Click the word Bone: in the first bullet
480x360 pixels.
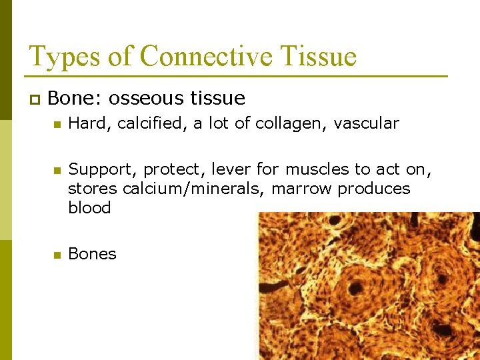coord(74,99)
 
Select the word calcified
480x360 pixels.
coord(151,123)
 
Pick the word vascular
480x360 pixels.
coord(366,123)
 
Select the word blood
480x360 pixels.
coord(89,207)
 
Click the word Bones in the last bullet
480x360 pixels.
coord(92,254)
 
